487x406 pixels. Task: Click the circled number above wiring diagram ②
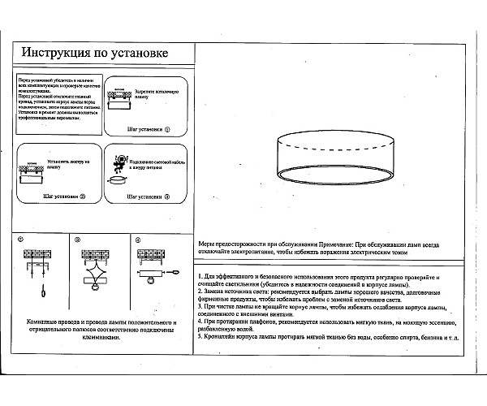(x=78, y=240)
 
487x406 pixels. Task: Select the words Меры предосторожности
(x=226, y=244)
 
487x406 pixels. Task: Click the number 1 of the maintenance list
(x=200, y=279)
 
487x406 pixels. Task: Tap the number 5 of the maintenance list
(x=200, y=335)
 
